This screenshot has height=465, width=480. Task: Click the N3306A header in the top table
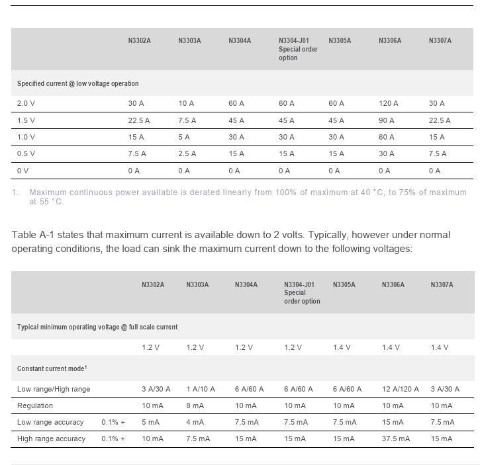(390, 41)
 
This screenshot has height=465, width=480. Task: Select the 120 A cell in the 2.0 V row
(388, 103)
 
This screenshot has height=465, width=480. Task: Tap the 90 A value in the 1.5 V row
(386, 120)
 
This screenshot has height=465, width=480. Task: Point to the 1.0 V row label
(26, 137)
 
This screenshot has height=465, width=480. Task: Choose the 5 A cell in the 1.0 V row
(183, 137)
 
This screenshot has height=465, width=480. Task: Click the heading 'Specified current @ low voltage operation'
(77, 84)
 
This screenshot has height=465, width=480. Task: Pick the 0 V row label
(23, 171)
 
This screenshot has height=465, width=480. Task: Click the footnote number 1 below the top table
(15, 192)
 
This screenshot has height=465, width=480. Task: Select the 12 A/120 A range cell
(400, 389)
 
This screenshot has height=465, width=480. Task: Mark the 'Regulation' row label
(35, 405)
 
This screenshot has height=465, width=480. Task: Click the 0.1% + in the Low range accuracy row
(113, 422)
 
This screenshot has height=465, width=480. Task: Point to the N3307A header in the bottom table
(442, 285)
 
